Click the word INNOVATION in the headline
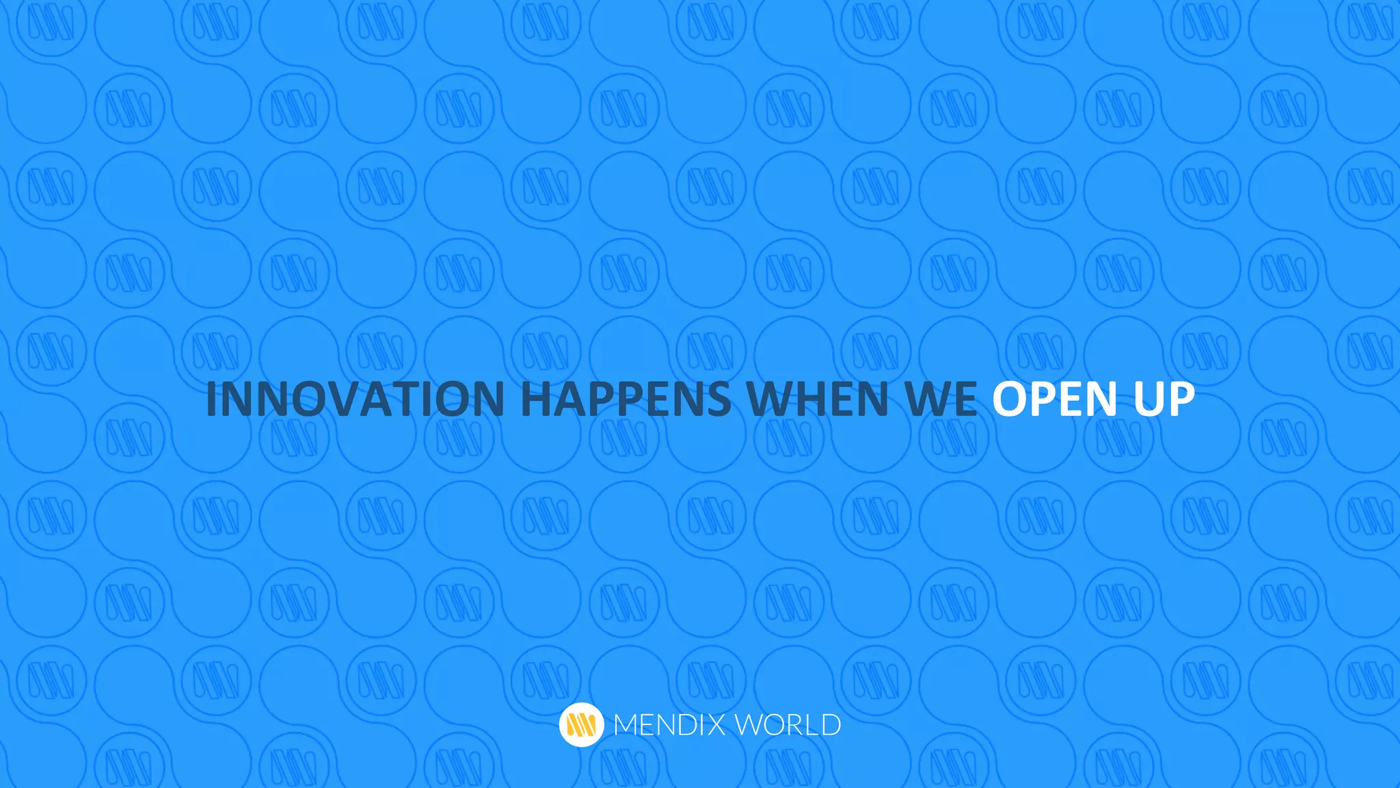[x=355, y=399]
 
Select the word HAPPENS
[x=625, y=399]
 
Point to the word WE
[x=943, y=399]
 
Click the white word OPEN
[x=1055, y=399]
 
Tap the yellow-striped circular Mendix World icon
[x=581, y=724]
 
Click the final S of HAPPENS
[x=717, y=399]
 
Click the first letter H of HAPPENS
[x=537, y=399]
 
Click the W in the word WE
[x=928, y=399]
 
